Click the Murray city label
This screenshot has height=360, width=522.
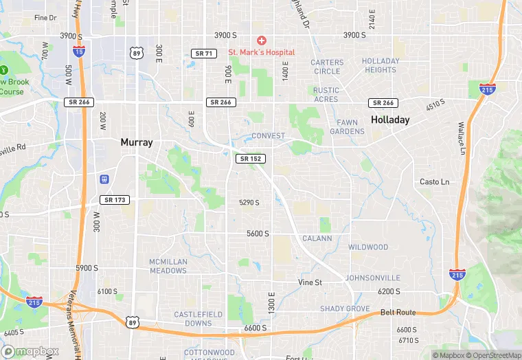[136, 142]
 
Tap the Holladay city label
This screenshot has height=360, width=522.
[390, 120]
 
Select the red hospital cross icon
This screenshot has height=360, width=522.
[261, 41]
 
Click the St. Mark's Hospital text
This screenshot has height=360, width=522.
[262, 52]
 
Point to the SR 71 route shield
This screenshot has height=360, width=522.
[204, 53]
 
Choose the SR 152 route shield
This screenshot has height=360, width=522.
[250, 159]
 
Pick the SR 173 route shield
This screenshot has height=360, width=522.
[114, 200]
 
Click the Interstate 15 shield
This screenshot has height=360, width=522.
[78, 49]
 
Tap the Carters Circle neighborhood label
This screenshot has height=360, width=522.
[327, 67]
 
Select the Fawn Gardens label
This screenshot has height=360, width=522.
[347, 127]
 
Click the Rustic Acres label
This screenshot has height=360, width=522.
[326, 95]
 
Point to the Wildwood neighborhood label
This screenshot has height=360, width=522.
[368, 247]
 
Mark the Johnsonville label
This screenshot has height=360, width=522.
[373, 278]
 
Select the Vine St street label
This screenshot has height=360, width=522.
[310, 282]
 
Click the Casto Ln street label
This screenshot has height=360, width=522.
[434, 182]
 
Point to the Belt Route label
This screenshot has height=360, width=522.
[399, 313]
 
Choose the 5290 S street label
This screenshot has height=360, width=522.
[249, 203]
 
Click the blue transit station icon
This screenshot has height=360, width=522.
[104, 179]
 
